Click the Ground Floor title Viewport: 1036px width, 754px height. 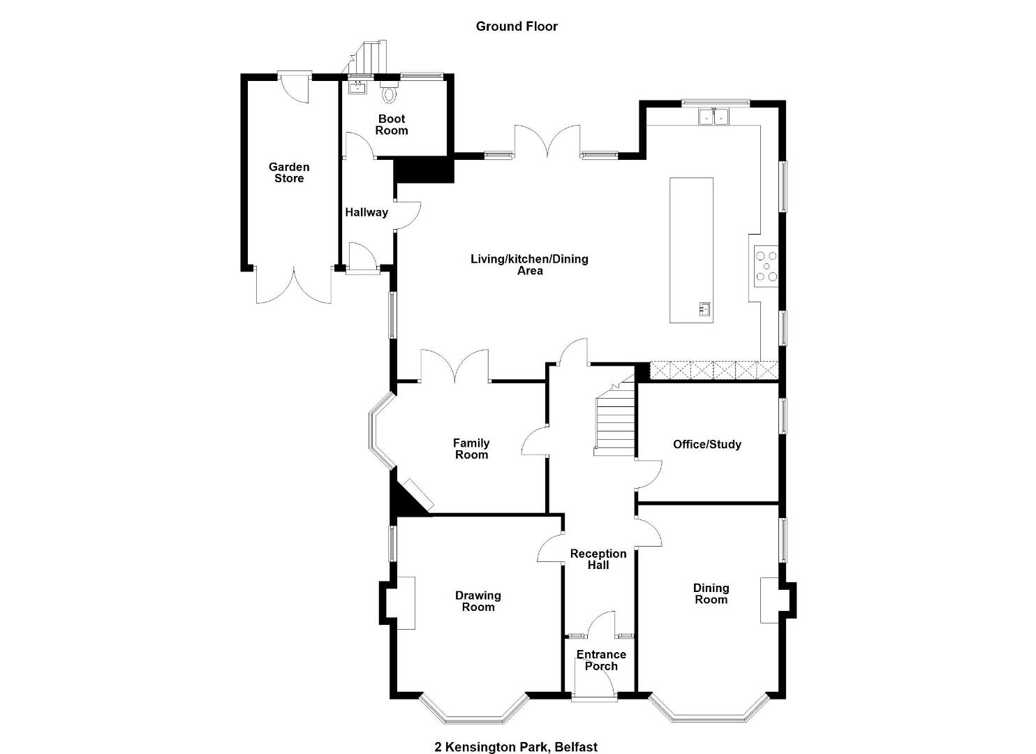517,27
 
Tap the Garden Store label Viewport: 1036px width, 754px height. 289,172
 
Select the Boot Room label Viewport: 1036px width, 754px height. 392,125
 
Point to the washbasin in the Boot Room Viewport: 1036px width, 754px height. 357,87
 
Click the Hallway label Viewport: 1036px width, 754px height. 367,212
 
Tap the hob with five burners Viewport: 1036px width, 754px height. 766,266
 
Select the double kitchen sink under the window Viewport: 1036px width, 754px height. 713,117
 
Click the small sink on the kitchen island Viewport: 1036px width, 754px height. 704,308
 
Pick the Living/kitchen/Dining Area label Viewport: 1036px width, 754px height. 530,265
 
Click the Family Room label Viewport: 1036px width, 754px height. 471,449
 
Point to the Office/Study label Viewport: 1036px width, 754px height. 707,444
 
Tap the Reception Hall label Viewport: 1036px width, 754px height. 598,559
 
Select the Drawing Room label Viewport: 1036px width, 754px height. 478,601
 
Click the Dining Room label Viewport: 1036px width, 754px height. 711,593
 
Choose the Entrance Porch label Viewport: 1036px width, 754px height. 601,660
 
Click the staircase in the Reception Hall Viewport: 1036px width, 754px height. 615,416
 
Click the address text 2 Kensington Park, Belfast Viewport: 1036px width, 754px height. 516,734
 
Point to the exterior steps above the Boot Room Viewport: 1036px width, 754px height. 365,58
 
